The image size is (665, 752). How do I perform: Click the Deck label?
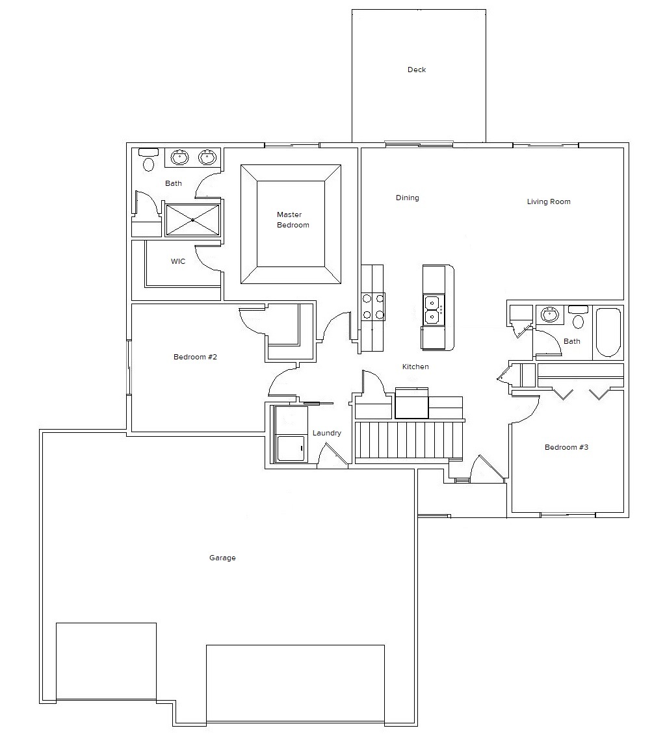[x=417, y=70]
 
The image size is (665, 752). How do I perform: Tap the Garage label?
[x=222, y=558]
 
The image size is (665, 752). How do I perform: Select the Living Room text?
[x=549, y=201]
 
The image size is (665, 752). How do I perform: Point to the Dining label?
[x=407, y=198]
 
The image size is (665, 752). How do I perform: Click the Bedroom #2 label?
[x=195, y=357]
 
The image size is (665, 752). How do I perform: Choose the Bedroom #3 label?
[x=566, y=447]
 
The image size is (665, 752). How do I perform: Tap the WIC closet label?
[x=178, y=261]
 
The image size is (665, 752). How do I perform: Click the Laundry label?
[x=327, y=433]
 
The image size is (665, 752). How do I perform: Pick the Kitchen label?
[x=415, y=367]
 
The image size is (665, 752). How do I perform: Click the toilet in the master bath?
[x=148, y=160]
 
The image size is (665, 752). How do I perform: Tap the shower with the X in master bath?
[x=192, y=220]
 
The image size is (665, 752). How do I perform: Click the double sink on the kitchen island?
[x=434, y=310]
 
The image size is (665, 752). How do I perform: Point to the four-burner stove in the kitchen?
[x=373, y=307]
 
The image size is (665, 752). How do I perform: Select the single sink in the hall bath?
[x=549, y=315]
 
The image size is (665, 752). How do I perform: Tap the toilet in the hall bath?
[x=578, y=317]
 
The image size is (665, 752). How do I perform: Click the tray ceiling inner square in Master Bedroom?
[x=291, y=224]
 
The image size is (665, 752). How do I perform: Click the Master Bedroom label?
[x=293, y=220]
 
